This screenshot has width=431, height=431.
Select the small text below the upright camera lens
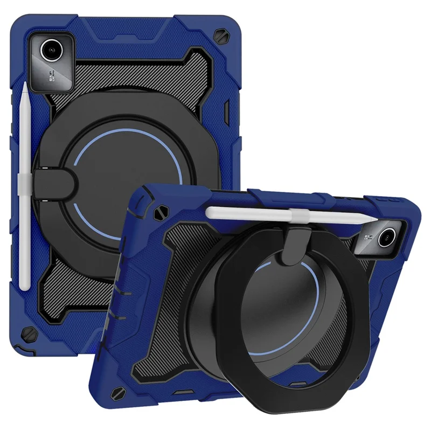point(56,82)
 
